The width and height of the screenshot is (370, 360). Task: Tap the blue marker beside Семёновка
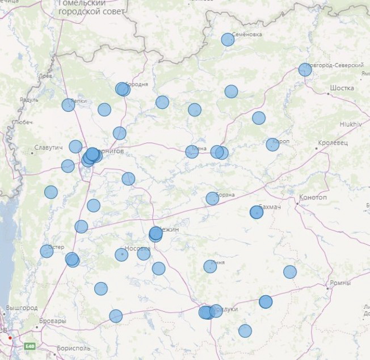[x=228, y=39]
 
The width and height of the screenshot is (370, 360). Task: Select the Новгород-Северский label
[x=331, y=66]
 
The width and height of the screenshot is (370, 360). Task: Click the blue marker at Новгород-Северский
[x=305, y=70]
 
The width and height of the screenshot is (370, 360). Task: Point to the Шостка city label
[x=342, y=88]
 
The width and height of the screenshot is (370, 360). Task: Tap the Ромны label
[x=340, y=283]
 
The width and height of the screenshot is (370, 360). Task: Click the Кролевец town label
[x=333, y=143]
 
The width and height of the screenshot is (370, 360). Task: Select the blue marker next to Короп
[x=272, y=144]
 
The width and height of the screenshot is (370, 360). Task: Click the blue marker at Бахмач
[x=257, y=212]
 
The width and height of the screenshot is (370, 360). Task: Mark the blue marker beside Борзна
[x=212, y=198]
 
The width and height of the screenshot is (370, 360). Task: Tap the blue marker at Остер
[x=47, y=251]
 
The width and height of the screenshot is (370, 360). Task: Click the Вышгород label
[x=22, y=308]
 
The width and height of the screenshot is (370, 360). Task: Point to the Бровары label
[x=53, y=321]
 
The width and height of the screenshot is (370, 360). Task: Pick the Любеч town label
[x=22, y=122]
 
